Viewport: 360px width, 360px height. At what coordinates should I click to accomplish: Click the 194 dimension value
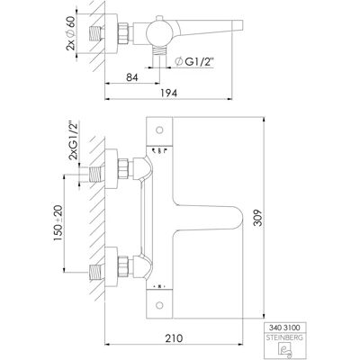point(168,93)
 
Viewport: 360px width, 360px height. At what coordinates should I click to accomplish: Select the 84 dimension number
point(132,77)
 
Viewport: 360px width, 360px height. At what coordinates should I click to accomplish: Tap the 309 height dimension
point(257,218)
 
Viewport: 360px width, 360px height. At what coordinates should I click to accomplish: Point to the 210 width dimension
point(174,338)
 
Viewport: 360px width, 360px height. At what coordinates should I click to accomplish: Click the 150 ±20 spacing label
point(58,223)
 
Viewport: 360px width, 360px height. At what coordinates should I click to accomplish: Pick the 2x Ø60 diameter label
point(71,32)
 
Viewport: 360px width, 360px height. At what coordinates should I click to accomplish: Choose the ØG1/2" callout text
point(193,62)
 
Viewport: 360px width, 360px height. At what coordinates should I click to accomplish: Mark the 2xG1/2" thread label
point(73,140)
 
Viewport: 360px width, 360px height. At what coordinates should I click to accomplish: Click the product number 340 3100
point(284,328)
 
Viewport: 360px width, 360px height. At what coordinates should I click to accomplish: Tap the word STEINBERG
point(284,337)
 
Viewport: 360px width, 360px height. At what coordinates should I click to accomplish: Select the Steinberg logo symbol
point(284,350)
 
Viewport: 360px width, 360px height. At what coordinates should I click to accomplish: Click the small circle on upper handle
point(159,130)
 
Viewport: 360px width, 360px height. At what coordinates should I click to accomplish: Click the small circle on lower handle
point(159,305)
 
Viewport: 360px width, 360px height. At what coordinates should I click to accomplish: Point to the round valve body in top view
point(159,33)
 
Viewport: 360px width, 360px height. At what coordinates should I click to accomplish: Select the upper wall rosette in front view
point(111,168)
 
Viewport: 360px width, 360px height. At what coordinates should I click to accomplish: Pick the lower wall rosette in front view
point(111,266)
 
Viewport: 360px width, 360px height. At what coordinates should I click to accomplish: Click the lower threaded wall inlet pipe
point(96,273)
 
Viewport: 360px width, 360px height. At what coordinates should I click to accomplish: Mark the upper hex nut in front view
point(123,169)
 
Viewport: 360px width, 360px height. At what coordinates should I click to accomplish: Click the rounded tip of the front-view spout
point(241,218)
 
